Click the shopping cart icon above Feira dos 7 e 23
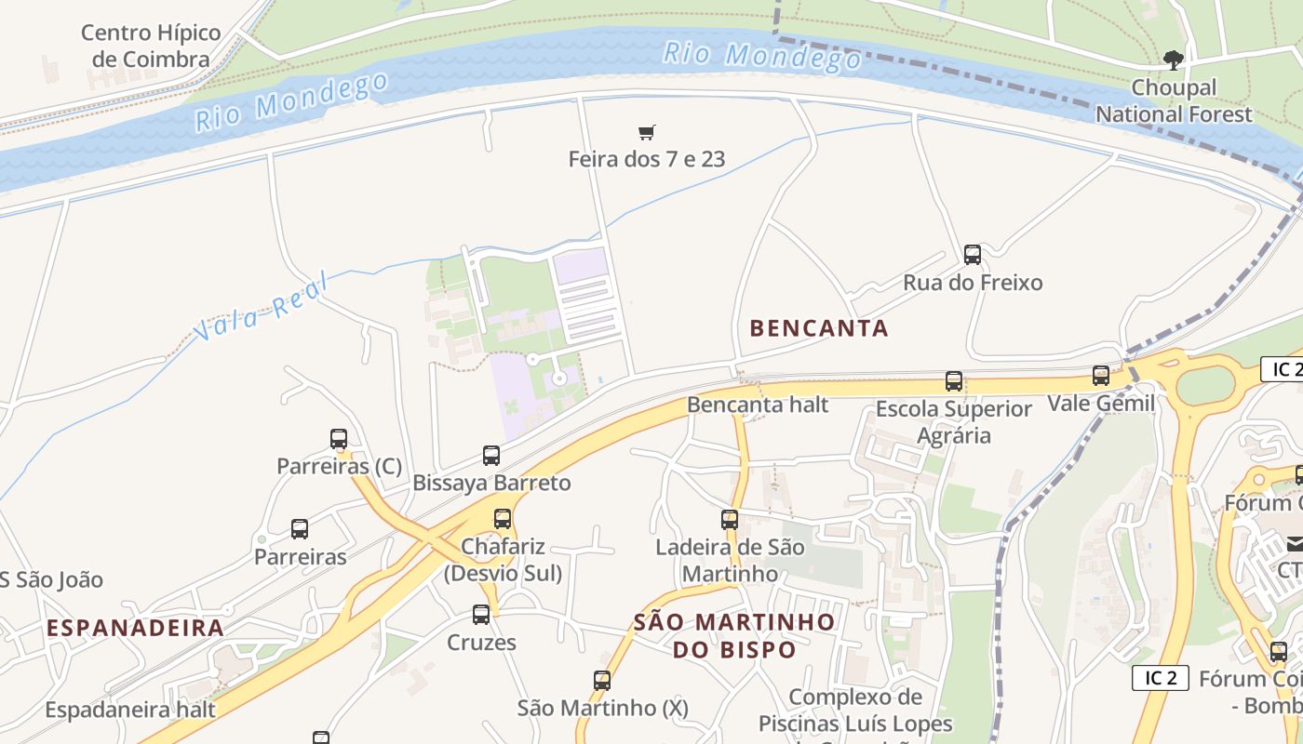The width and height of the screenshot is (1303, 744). point(647,133)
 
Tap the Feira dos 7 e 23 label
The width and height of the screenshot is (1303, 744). point(646,159)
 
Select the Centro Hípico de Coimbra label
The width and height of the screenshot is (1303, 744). point(151,46)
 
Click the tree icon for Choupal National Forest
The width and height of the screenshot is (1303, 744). point(1174,60)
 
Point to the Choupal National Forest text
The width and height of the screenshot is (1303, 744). point(1174,101)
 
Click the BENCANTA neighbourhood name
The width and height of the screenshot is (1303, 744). point(818,328)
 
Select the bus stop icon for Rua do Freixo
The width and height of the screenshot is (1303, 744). point(973,254)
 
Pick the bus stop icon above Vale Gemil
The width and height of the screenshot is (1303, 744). point(1101,376)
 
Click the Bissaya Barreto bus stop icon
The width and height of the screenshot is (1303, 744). point(491,456)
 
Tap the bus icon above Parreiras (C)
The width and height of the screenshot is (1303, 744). point(339,439)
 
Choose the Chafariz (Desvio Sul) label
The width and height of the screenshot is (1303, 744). point(503,560)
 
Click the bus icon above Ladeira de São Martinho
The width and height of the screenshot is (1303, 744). point(730,520)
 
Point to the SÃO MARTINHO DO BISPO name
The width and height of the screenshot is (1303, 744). point(734,635)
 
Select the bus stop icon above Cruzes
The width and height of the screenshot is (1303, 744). point(481,615)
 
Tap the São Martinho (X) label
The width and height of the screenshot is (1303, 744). point(602,708)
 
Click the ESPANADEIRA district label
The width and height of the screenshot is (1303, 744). point(135,628)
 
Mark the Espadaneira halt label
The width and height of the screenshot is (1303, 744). point(130,710)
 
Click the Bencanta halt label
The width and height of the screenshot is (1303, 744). point(758,405)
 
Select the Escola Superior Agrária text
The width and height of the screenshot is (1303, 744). point(954,422)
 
